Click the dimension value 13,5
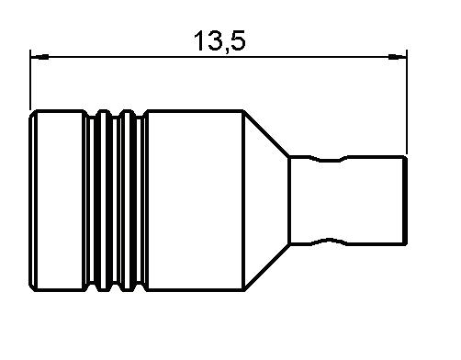[219, 40]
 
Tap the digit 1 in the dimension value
[199, 40]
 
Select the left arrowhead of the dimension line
[40, 57]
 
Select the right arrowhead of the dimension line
[397, 57]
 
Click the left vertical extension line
[30, 80]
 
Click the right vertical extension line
[407, 102]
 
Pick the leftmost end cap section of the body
[56, 200]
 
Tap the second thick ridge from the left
[128, 200]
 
